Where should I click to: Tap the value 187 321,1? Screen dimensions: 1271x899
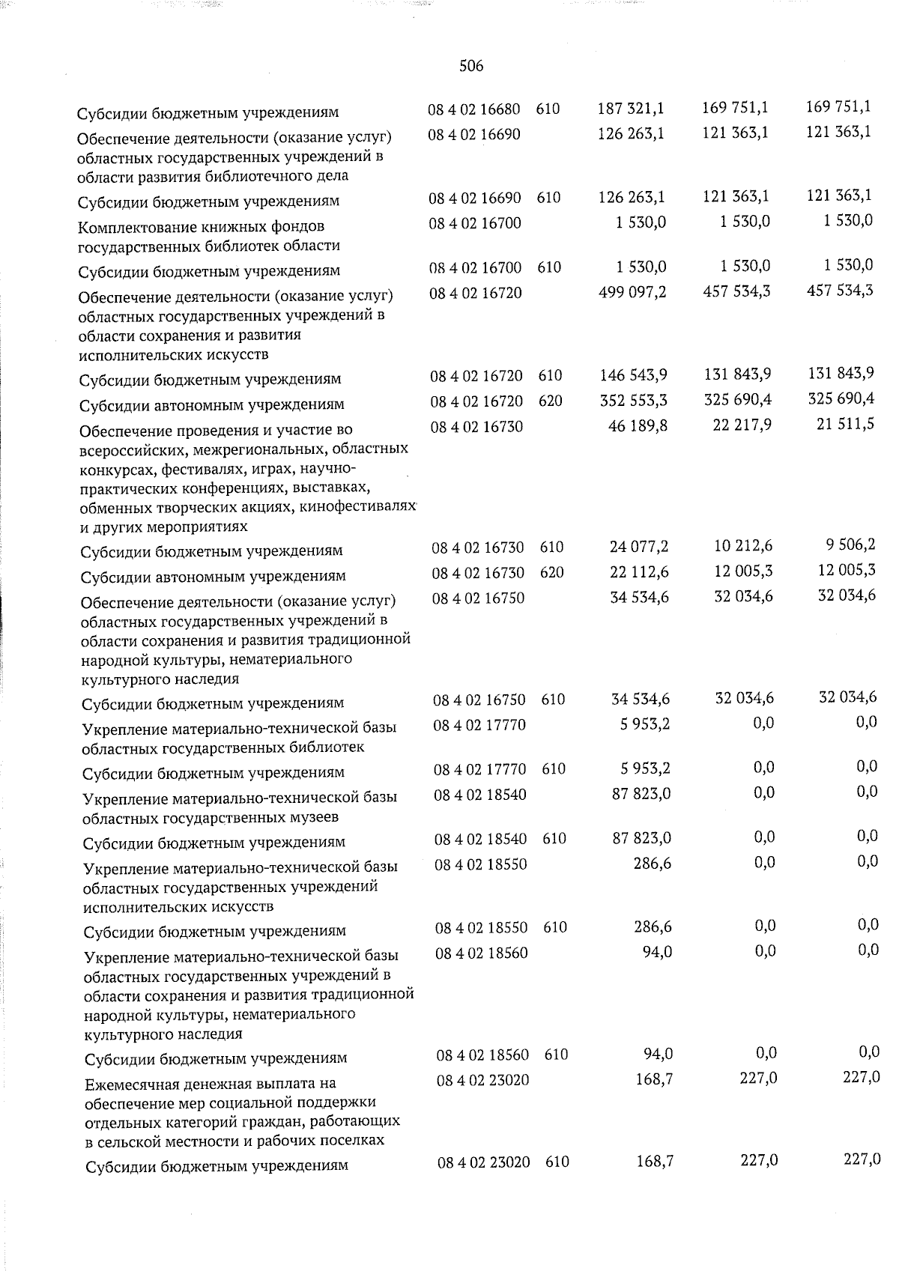[x=631, y=109]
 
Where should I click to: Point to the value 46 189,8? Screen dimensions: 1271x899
[x=638, y=425]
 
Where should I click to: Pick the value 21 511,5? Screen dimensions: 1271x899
[x=845, y=425]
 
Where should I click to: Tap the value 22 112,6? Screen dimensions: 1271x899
[x=639, y=573]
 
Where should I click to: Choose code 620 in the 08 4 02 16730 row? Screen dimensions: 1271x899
[x=551, y=573]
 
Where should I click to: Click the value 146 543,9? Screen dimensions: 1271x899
[x=634, y=375]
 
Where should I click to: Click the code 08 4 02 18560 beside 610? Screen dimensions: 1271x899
[x=482, y=1055]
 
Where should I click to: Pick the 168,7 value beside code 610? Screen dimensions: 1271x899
[x=653, y=1161]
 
